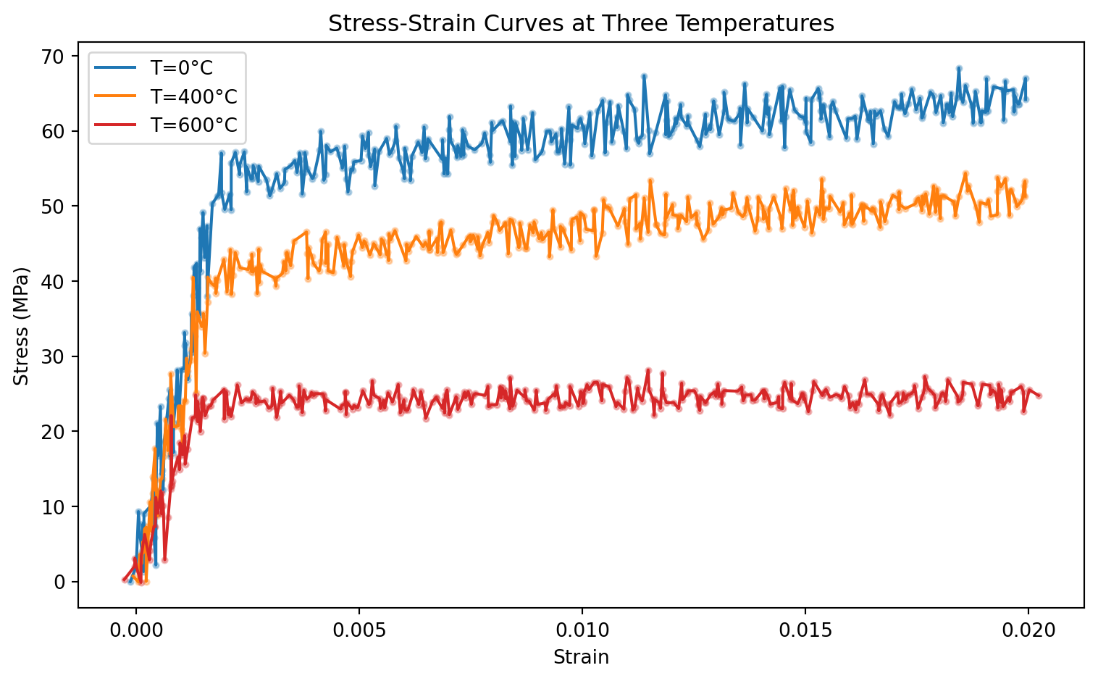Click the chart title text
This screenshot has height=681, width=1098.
point(581,24)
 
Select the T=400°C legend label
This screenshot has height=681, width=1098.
point(193,96)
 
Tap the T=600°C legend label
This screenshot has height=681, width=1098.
point(193,125)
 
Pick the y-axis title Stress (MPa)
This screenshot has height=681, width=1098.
point(22,327)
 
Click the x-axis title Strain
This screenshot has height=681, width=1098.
point(581,658)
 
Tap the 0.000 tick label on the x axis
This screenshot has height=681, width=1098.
point(135,627)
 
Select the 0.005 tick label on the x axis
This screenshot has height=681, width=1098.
point(359,627)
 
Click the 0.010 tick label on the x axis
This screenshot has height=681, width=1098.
point(582,627)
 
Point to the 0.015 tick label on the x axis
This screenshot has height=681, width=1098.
point(805,627)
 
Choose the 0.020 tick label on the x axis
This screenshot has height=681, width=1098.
point(1028,627)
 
